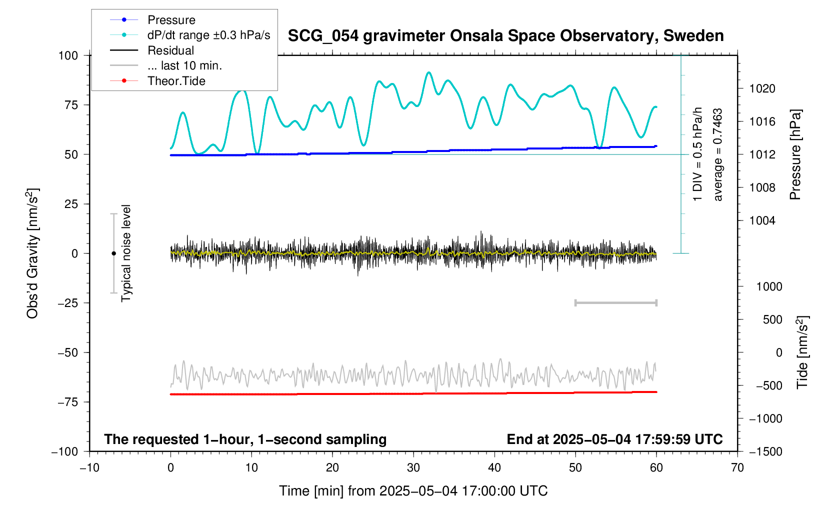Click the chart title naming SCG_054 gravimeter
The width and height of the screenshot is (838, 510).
point(505,36)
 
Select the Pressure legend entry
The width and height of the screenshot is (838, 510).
point(171,20)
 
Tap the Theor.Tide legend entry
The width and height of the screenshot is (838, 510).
point(176,81)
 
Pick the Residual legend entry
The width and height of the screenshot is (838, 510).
point(170,50)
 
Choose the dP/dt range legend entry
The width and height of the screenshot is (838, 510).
point(208,35)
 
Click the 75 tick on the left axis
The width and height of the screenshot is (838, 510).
point(68,105)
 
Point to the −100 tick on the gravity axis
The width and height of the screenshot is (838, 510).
point(65,451)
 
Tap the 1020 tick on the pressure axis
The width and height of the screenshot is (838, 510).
point(762,89)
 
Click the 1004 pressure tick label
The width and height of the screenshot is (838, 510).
point(762,220)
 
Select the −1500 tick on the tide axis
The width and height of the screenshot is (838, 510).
point(765,451)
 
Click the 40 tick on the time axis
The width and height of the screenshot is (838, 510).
point(494,468)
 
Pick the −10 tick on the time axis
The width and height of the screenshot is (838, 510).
point(89,468)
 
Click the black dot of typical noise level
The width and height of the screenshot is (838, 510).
point(113,253)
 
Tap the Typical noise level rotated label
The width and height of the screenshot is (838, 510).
point(126,253)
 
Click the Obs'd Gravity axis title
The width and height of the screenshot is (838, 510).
point(33,253)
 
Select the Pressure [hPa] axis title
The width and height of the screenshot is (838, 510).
point(795,154)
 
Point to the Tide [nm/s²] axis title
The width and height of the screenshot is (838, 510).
point(802,352)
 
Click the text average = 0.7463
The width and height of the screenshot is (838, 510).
point(718,154)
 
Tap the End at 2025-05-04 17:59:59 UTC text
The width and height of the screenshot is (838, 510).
point(614,439)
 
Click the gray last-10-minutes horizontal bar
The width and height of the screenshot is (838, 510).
point(615,302)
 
